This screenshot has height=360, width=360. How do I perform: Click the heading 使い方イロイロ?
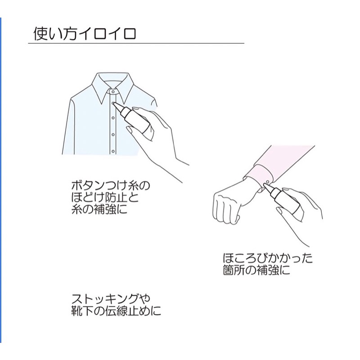(85, 34)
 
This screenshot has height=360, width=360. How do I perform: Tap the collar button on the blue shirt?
(112, 91)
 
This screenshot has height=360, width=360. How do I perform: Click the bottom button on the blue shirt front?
(113, 151)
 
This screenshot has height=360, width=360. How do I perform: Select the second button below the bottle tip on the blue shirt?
(113, 134)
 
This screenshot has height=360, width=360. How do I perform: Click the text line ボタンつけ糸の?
(110, 185)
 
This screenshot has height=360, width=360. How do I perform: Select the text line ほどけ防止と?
(105, 197)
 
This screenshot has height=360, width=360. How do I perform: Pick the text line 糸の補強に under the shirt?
(99, 209)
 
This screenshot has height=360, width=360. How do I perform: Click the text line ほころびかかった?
(268, 258)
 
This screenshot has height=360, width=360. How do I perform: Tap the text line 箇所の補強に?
(256, 270)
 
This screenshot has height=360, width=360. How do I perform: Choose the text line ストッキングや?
(111, 298)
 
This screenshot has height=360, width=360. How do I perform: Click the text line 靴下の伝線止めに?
(116, 310)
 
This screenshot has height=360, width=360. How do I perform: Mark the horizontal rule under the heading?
(136, 43)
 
